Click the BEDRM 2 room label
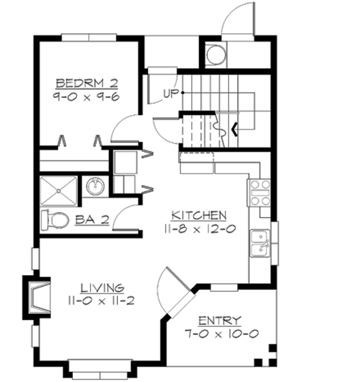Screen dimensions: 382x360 coord(87,83)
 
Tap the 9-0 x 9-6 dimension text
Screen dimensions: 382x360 coord(87,97)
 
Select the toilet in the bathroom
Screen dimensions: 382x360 coord(55,220)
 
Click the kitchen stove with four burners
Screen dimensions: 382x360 coord(259,193)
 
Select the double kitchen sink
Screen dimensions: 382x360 coord(259,244)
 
